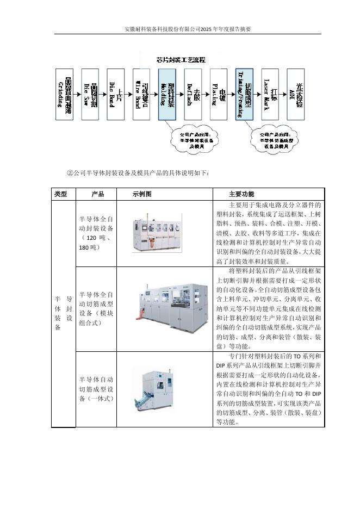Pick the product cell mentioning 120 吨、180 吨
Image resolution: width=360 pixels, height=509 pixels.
point(96,233)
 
